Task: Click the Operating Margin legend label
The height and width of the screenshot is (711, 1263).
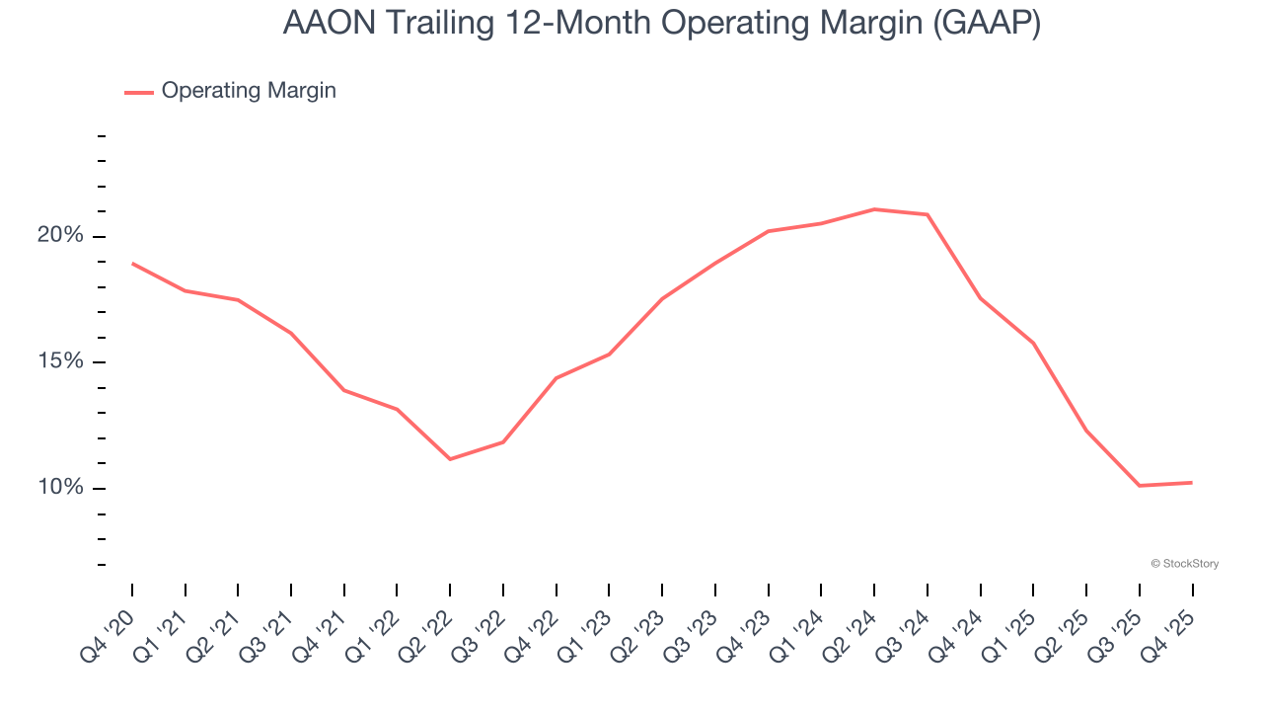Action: tap(249, 91)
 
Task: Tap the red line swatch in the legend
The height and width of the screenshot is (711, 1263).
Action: tap(139, 92)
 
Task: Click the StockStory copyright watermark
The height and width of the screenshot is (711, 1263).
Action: tap(1184, 564)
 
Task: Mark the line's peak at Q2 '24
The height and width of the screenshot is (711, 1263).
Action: tap(874, 209)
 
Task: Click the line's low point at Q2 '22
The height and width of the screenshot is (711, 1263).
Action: tap(450, 459)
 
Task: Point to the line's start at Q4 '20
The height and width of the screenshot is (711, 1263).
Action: tap(132, 264)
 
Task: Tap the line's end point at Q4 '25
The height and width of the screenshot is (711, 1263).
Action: tap(1192, 483)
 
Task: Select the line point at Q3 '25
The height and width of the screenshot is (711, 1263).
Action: tap(1139, 486)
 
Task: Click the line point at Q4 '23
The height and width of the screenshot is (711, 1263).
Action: tap(769, 231)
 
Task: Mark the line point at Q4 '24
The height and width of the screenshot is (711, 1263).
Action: tap(980, 298)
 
